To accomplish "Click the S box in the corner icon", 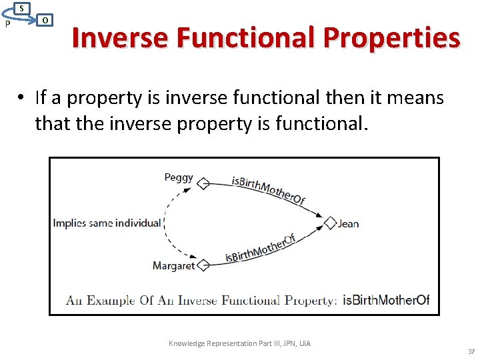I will [21, 8].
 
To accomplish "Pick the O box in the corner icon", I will [44, 20].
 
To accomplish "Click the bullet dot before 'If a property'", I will [22, 99].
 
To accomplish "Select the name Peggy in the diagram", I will [178, 178].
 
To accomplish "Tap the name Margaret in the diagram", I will [173, 265].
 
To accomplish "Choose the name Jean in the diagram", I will [349, 223].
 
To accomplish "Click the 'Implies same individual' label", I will [107, 223].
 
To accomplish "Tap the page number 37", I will [471, 351].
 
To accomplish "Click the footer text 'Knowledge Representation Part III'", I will [239, 343].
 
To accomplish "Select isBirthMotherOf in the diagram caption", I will [386, 300].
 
